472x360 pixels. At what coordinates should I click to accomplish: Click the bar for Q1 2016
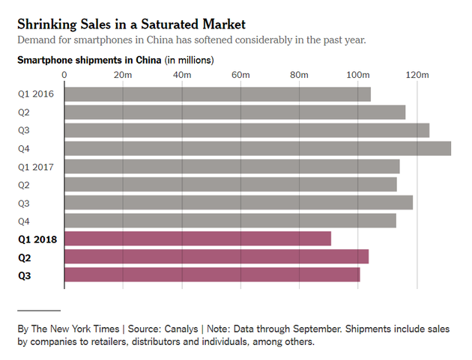click(x=217, y=94)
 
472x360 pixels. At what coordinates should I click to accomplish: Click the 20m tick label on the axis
click(x=123, y=75)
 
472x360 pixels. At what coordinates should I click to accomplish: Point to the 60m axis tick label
click(x=240, y=75)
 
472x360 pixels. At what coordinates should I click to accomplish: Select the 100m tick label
click(x=358, y=75)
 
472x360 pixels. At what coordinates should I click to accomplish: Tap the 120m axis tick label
click(x=417, y=75)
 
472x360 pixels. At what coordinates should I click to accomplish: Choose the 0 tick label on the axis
click(x=64, y=75)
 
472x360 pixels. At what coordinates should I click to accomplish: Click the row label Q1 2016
click(x=36, y=94)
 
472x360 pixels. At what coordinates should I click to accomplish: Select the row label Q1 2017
click(x=36, y=166)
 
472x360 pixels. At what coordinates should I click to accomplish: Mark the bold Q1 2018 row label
click(x=37, y=239)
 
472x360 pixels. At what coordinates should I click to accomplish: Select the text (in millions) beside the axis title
click(x=189, y=60)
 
